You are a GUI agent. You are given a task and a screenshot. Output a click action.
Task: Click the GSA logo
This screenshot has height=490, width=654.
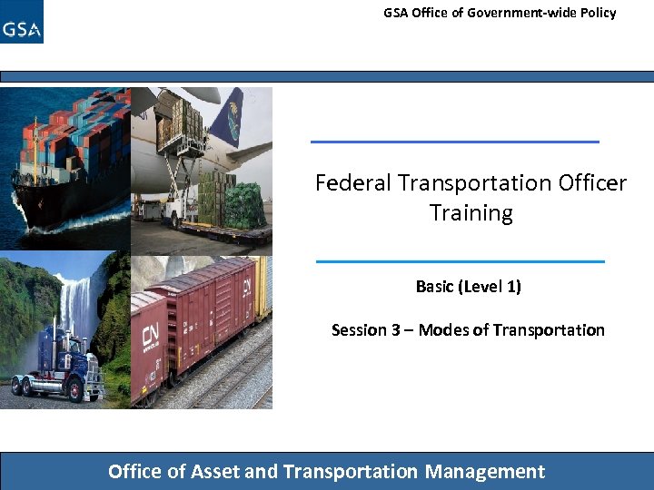coord(22,23)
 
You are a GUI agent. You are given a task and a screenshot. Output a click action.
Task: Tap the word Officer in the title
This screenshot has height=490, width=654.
coord(591,183)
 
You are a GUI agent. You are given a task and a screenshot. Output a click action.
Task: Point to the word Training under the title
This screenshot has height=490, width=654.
coord(471,213)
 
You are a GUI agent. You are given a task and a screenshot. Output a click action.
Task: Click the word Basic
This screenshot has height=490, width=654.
coord(434,287)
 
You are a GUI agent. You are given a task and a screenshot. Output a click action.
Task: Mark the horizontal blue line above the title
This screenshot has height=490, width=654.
coord(455,142)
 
